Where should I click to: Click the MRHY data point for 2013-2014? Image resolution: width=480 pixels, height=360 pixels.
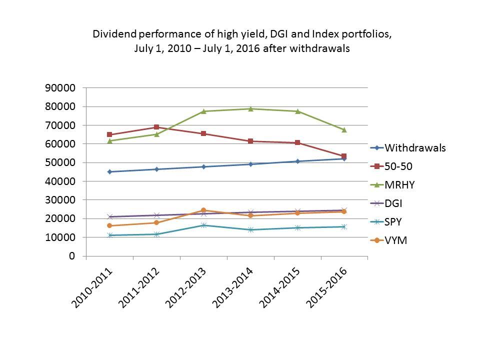point(250,108)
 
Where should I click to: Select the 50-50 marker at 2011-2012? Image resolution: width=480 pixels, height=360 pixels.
point(156,127)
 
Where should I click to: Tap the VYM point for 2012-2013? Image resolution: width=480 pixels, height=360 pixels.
point(203,210)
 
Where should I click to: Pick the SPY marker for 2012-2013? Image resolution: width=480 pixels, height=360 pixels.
point(203,225)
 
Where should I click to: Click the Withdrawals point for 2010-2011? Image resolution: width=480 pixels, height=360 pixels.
point(109,171)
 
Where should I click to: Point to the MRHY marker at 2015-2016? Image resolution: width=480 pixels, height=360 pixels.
point(344,129)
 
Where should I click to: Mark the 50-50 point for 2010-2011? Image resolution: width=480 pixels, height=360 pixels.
point(109,134)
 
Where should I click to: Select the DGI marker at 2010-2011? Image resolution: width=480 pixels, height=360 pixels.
point(109,216)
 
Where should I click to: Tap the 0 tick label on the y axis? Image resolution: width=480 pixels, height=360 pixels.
point(72,256)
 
